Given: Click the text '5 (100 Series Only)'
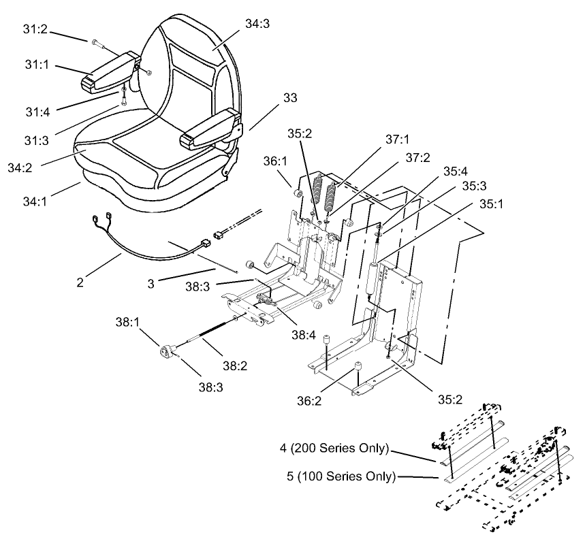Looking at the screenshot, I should (x=339, y=476).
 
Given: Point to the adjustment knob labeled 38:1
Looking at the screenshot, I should (x=168, y=352).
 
